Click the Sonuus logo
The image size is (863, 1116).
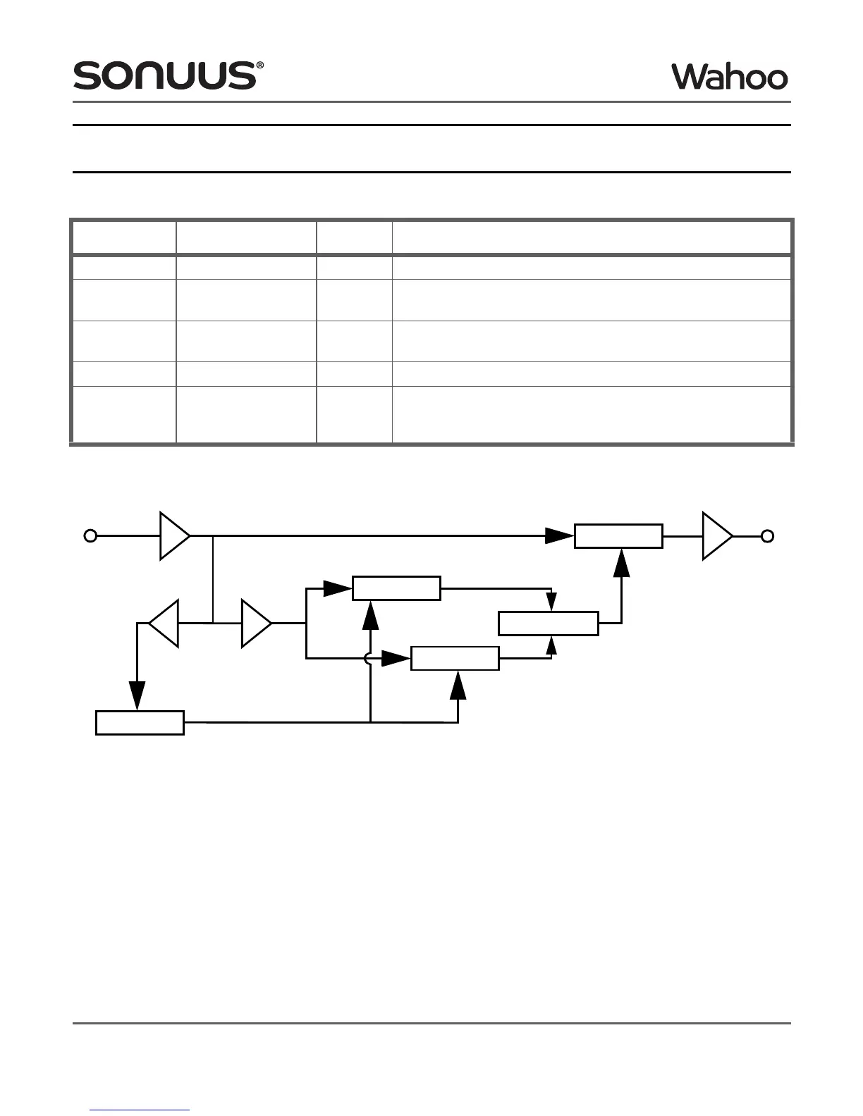[164, 75]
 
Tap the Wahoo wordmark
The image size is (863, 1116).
[729, 77]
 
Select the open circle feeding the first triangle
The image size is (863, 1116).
[90, 536]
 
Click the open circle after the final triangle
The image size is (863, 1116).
[768, 536]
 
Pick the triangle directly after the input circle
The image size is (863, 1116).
[173, 536]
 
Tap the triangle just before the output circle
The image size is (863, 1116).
[716, 536]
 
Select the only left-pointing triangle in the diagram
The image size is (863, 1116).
[165, 624]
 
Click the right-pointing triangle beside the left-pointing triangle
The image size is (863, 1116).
[255, 624]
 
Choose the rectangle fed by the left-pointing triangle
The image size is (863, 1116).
[140, 723]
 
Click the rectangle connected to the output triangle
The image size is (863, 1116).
[618, 536]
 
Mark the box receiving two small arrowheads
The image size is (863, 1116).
[549, 624]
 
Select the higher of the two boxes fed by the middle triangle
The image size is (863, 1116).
[396, 588]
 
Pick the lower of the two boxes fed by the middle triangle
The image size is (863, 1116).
[455, 659]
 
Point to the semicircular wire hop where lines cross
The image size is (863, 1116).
[367, 659]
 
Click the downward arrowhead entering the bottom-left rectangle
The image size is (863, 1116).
[137, 696]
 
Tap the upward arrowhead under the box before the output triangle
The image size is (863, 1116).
[621, 562]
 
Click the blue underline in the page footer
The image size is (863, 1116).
[140, 1110]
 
